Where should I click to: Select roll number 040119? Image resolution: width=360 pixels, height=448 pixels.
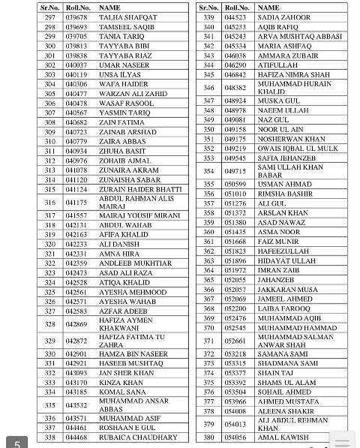point(76,75)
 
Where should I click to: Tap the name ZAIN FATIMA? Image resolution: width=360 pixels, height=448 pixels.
point(121,122)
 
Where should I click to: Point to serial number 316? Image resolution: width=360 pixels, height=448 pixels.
point(49,202)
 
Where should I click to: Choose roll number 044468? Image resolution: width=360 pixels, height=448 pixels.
point(76,437)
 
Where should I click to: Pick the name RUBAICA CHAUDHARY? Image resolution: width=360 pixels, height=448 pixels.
point(137,437)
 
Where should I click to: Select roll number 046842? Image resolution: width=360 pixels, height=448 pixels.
point(235,74)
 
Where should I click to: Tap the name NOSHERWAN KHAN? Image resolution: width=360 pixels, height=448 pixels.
point(291,139)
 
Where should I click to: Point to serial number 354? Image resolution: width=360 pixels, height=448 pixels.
point(208,170)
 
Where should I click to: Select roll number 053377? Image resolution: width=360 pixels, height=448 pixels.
point(235,373)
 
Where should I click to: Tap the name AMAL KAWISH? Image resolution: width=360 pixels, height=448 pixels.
point(283,437)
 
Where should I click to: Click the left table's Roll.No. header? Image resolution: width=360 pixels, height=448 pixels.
point(76,7)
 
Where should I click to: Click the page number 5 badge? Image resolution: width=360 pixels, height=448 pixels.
point(16,442)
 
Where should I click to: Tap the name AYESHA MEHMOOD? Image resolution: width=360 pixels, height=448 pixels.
point(133,292)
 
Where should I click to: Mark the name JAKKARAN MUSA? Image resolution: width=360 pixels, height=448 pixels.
point(288,290)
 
